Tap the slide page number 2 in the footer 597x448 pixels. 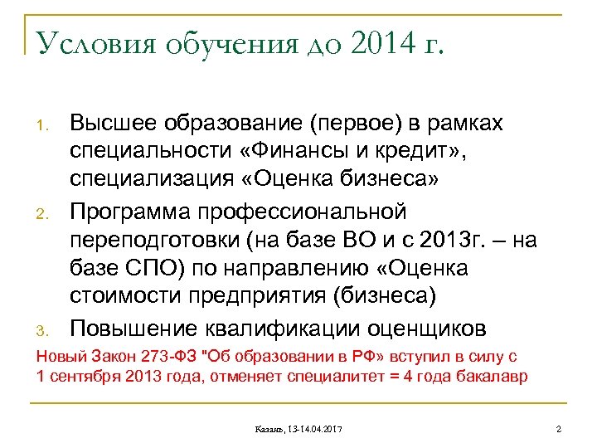pyautogui.click(x=559, y=428)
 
